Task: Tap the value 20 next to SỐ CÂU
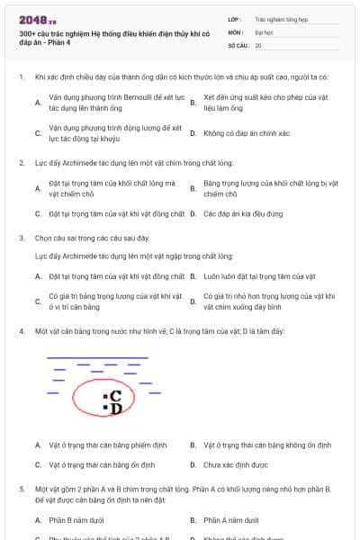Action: pyautogui.click(x=258, y=45)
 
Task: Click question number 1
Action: pyautogui.click(x=21, y=78)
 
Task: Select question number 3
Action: pyautogui.click(x=21, y=238)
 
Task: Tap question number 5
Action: pyautogui.click(x=21, y=489)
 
